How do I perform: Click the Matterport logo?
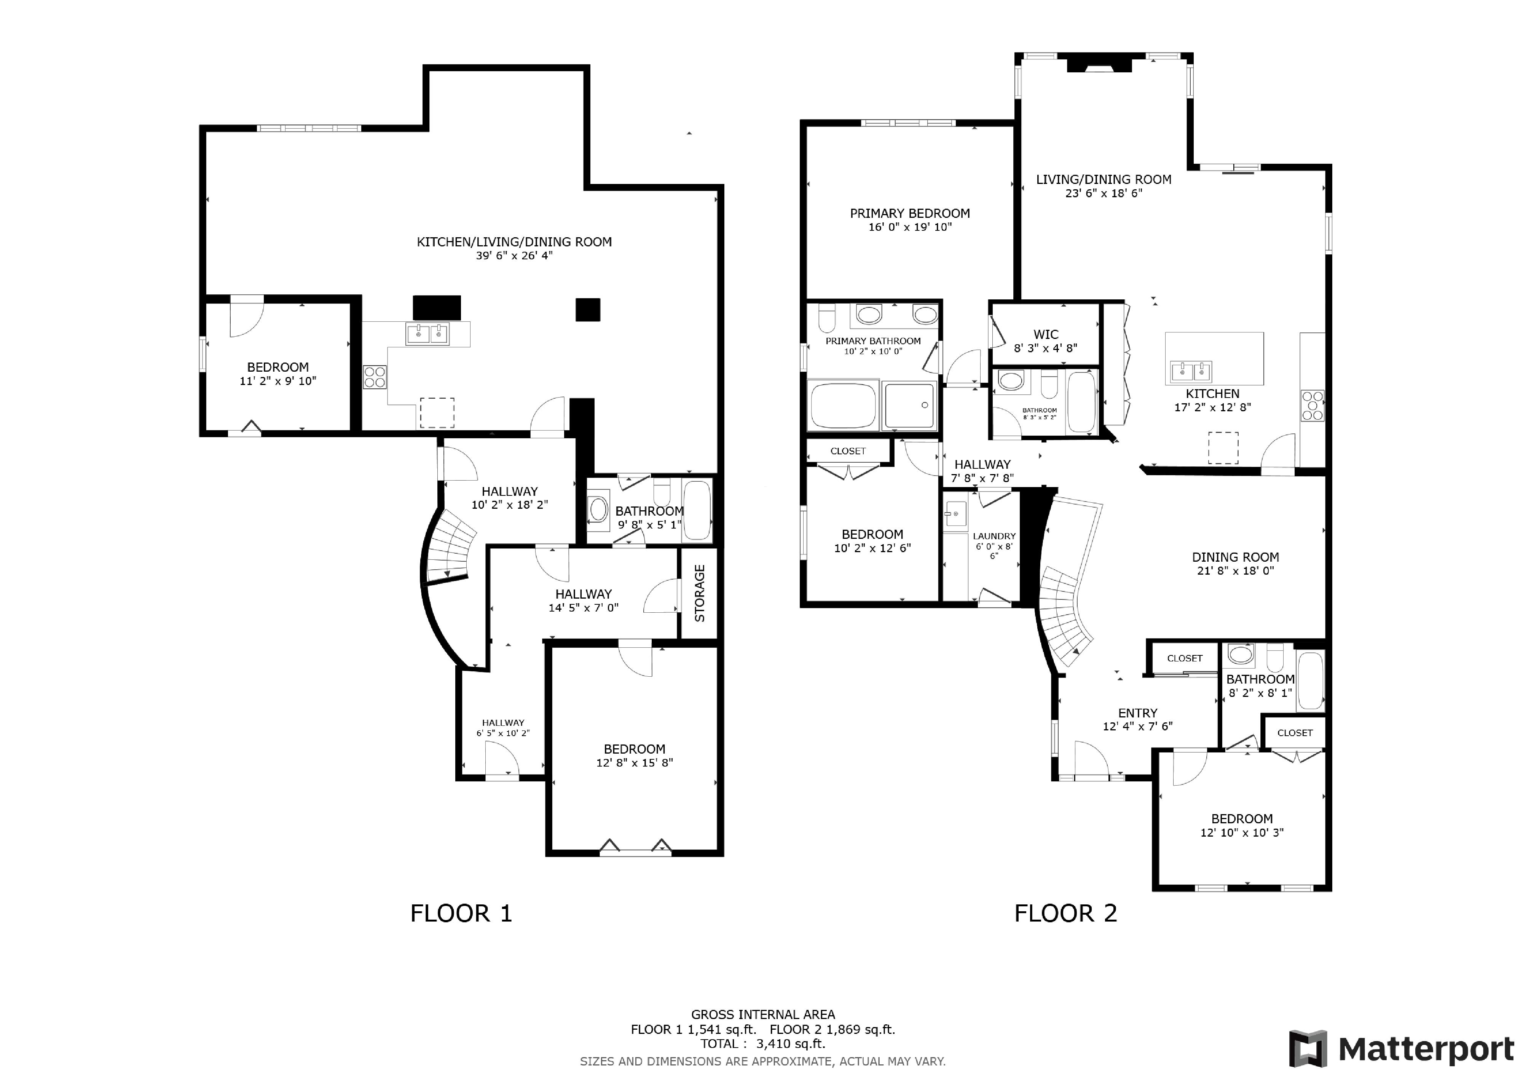(1401, 1049)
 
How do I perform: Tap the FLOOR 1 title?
(461, 913)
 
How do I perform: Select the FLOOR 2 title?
(1065, 913)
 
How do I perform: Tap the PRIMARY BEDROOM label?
(909, 213)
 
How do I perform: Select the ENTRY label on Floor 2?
(1137, 713)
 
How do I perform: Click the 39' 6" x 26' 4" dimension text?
(514, 256)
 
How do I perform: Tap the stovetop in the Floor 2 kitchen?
(1312, 406)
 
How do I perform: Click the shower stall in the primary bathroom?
(909, 406)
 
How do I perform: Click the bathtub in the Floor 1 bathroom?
(697, 510)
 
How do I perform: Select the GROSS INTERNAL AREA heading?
(763, 1014)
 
